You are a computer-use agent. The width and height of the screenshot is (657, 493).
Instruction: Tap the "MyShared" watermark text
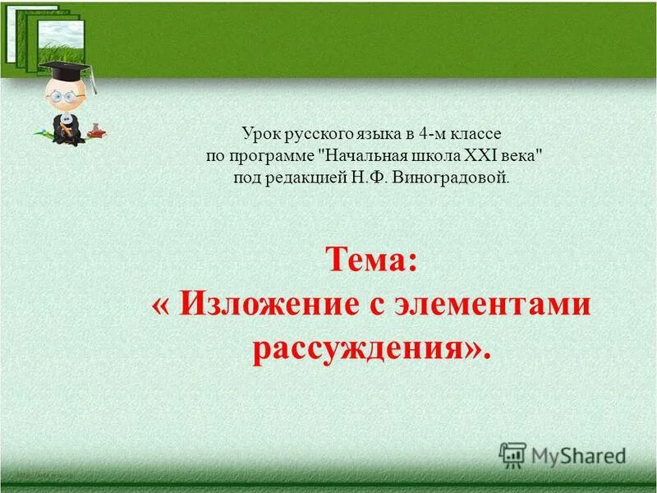[579, 455]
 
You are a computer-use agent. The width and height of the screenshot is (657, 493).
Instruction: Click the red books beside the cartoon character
[96, 131]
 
